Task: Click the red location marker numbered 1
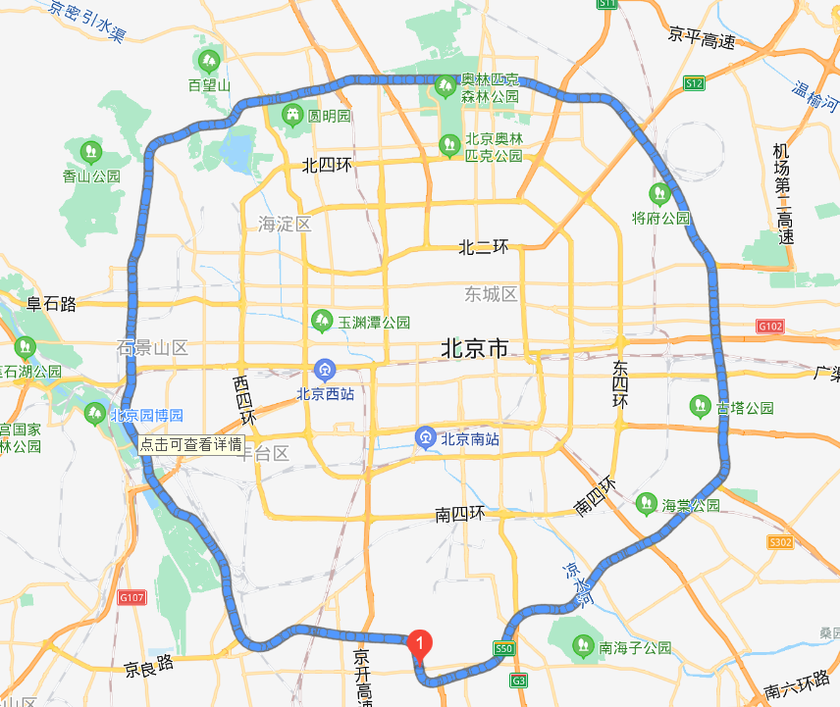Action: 420,643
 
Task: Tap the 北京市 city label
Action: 475,348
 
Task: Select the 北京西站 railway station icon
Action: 324,370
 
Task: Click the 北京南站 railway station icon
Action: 426,438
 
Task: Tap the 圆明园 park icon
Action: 291,115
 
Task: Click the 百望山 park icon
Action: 209,60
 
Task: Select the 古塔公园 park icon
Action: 700,404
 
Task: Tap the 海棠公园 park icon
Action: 646,503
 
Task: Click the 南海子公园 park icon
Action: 582,646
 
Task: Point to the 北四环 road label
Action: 327,165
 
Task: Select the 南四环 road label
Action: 460,514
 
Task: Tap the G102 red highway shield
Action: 768,325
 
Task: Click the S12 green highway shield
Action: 695,83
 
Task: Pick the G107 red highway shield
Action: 131,596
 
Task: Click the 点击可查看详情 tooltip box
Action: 190,443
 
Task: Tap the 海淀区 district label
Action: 285,224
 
